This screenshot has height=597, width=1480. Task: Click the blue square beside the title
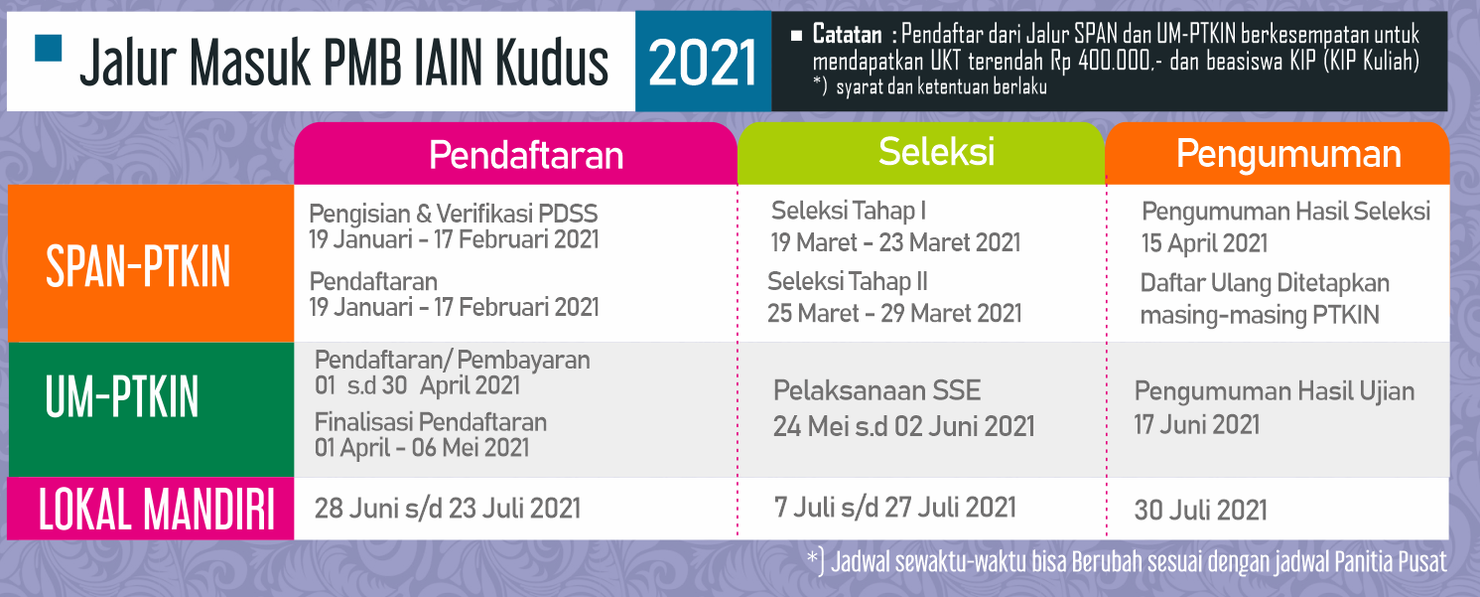pyautogui.click(x=49, y=49)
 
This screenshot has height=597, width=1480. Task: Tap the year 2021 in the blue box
pyautogui.click(x=703, y=63)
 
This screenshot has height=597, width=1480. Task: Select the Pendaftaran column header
pyautogui.click(x=526, y=155)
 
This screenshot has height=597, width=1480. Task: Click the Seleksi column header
pyautogui.click(x=936, y=151)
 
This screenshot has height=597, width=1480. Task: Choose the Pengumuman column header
pyautogui.click(x=1288, y=154)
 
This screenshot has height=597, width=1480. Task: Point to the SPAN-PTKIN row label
pyautogui.click(x=138, y=266)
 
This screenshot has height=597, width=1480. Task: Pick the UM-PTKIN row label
pyautogui.click(x=122, y=396)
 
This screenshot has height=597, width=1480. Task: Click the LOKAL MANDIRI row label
pyautogui.click(x=157, y=509)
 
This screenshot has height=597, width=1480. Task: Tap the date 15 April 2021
pyautogui.click(x=1204, y=243)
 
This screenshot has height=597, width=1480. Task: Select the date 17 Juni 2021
pyautogui.click(x=1197, y=424)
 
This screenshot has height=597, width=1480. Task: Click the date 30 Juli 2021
pyautogui.click(x=1201, y=511)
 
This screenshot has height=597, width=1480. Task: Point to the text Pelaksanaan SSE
pyautogui.click(x=876, y=390)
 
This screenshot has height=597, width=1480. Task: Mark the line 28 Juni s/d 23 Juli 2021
pyautogui.click(x=448, y=509)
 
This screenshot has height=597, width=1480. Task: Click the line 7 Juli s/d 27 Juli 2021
pyautogui.click(x=895, y=507)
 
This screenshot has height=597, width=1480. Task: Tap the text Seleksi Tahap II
pyautogui.click(x=847, y=282)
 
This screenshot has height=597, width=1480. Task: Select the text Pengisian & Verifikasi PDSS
pyautogui.click(x=454, y=214)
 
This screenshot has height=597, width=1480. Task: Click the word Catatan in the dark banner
pyautogui.click(x=847, y=34)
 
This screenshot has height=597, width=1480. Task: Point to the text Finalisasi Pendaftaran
pyautogui.click(x=431, y=422)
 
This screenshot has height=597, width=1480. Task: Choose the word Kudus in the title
pyautogui.click(x=552, y=63)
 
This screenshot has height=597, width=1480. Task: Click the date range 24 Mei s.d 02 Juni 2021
pyautogui.click(x=904, y=426)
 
